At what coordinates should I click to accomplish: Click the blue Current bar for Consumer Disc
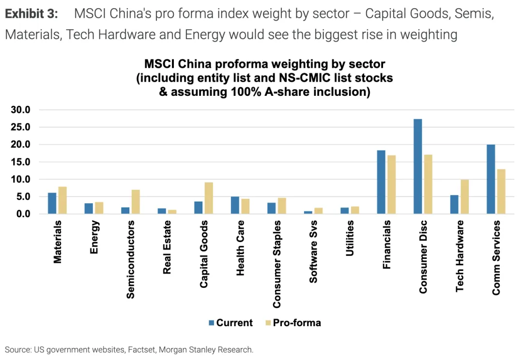(417, 166)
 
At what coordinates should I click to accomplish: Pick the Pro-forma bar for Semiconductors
(135, 202)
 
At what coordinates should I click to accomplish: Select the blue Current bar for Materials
(52, 203)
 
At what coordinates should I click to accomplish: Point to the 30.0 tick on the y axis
(20, 110)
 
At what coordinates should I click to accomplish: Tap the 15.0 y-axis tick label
(20, 162)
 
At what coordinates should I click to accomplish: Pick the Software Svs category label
(313, 252)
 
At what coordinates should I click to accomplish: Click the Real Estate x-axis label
(168, 247)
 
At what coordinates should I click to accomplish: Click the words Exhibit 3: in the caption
(31, 14)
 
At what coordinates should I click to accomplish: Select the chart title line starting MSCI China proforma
(264, 64)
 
